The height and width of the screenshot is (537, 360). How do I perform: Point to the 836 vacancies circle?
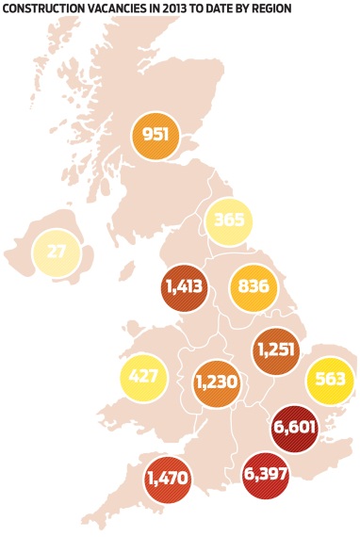[x=254, y=288]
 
